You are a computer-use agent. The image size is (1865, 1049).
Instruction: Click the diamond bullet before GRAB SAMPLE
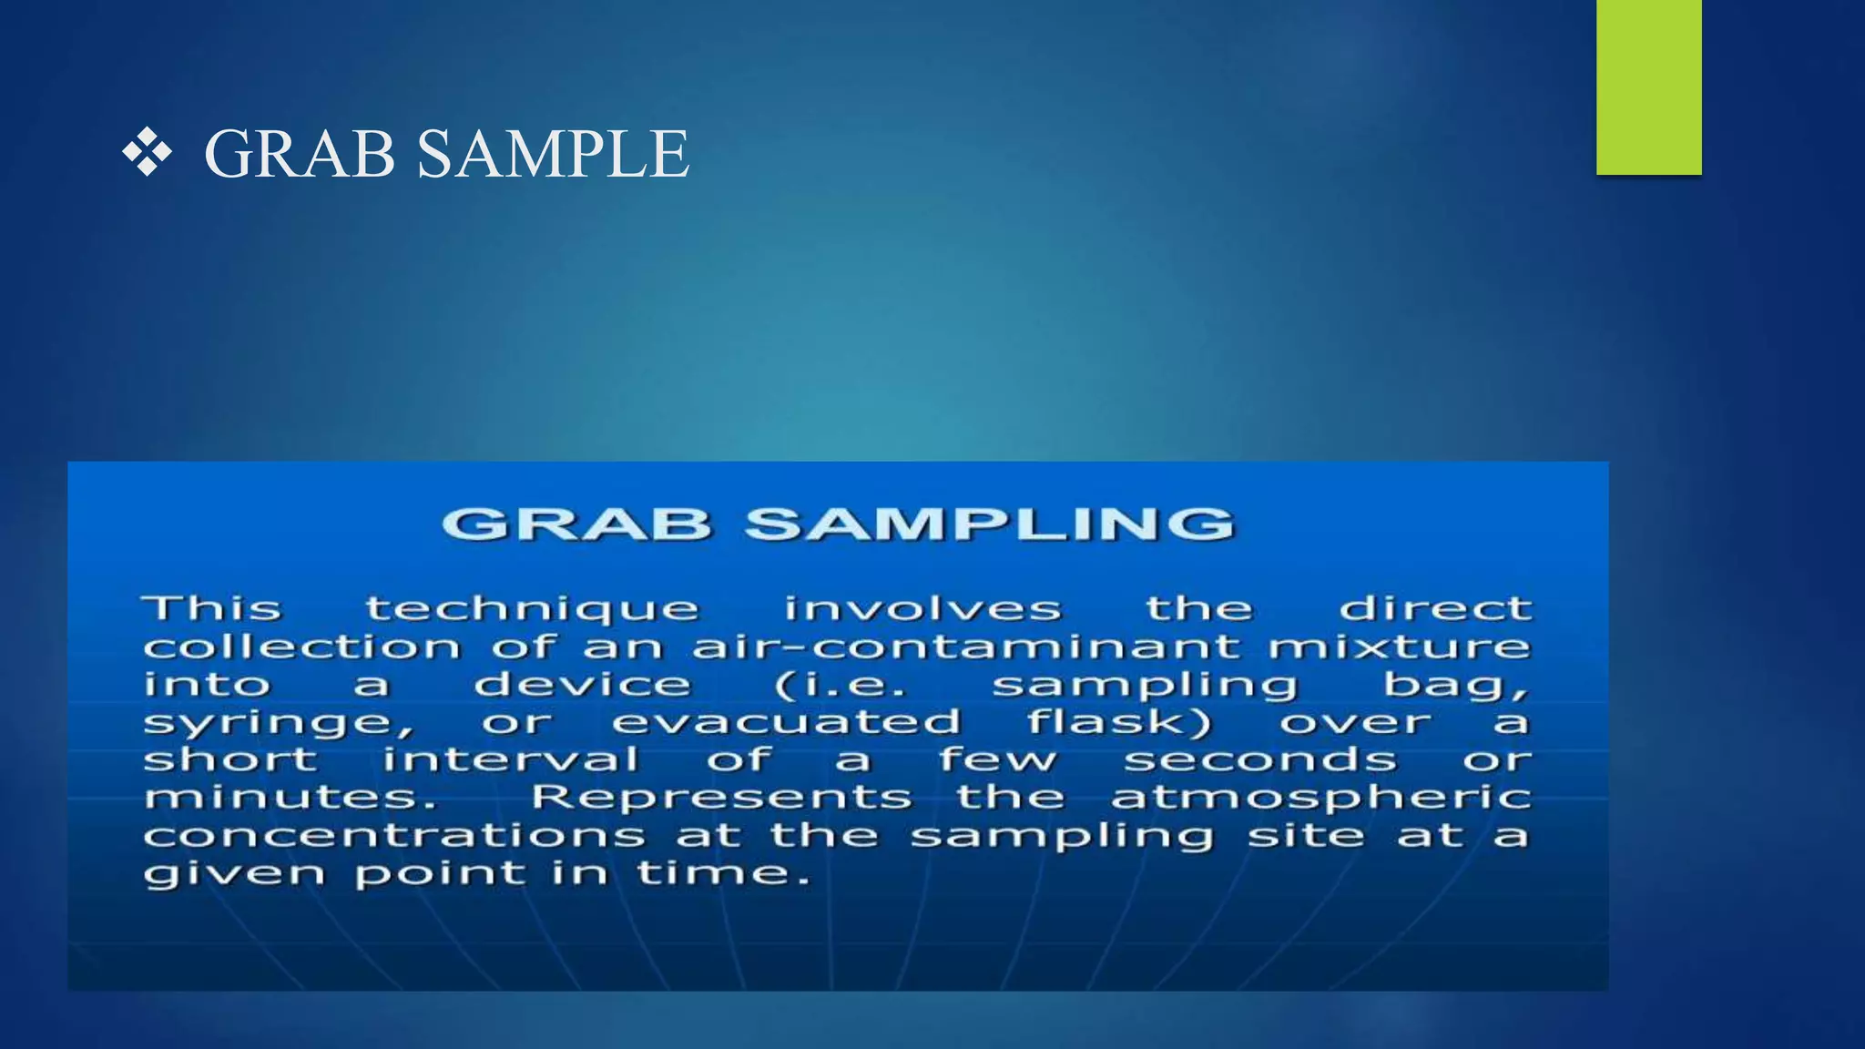tap(147, 153)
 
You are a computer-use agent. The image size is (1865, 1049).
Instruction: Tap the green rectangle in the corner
tap(1648, 87)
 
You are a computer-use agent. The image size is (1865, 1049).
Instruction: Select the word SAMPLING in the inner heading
tap(989, 524)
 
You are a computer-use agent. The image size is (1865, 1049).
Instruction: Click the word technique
tap(532, 609)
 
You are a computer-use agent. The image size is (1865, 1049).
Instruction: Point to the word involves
tap(922, 609)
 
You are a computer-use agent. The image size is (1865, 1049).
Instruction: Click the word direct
tap(1435, 608)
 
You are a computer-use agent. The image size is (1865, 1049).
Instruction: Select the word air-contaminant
tap(966, 647)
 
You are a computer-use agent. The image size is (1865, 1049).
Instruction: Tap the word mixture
tap(1399, 647)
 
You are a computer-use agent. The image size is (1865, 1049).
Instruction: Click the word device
tap(583, 685)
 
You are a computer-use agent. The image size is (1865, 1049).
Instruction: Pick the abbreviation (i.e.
tap(841, 685)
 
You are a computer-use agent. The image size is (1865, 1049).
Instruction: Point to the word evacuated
tap(787, 722)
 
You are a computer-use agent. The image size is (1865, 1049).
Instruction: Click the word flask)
tap(1119, 722)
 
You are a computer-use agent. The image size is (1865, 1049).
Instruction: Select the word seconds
tap(1259, 759)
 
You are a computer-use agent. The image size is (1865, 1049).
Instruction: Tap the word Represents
tap(721, 798)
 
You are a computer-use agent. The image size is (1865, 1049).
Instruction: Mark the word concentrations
tap(394, 836)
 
